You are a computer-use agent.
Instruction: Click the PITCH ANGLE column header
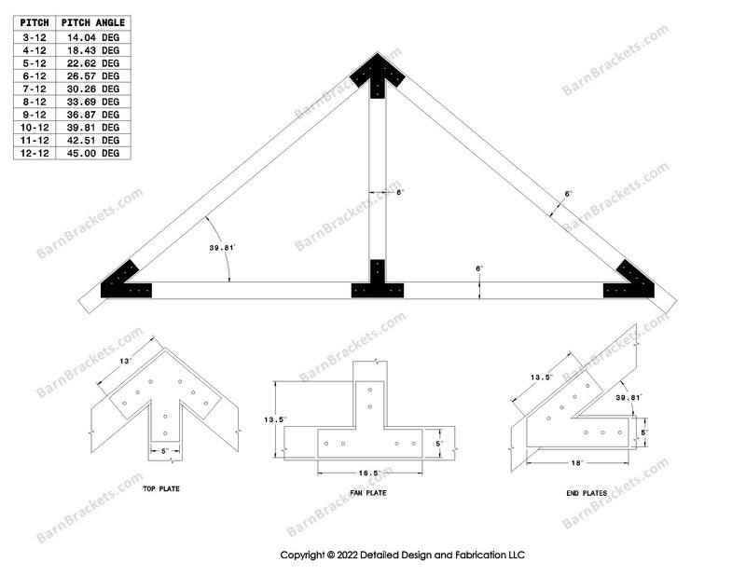[93, 22]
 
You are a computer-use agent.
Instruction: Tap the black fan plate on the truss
[377, 281]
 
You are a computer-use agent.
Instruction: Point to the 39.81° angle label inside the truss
[222, 248]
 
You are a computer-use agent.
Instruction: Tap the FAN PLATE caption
[369, 493]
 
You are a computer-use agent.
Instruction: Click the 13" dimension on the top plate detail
[125, 360]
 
